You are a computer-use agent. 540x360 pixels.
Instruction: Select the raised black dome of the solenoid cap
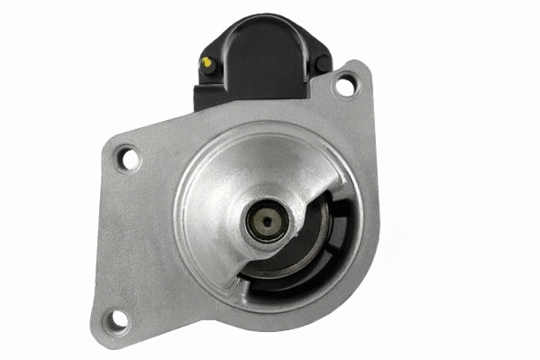point(261,50)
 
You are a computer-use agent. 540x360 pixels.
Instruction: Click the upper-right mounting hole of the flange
point(343,87)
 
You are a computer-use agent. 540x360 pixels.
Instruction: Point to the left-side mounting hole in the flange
point(130,160)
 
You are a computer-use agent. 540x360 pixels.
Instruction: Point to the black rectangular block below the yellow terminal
point(209,90)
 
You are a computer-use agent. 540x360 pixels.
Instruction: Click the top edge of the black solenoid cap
point(261,20)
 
